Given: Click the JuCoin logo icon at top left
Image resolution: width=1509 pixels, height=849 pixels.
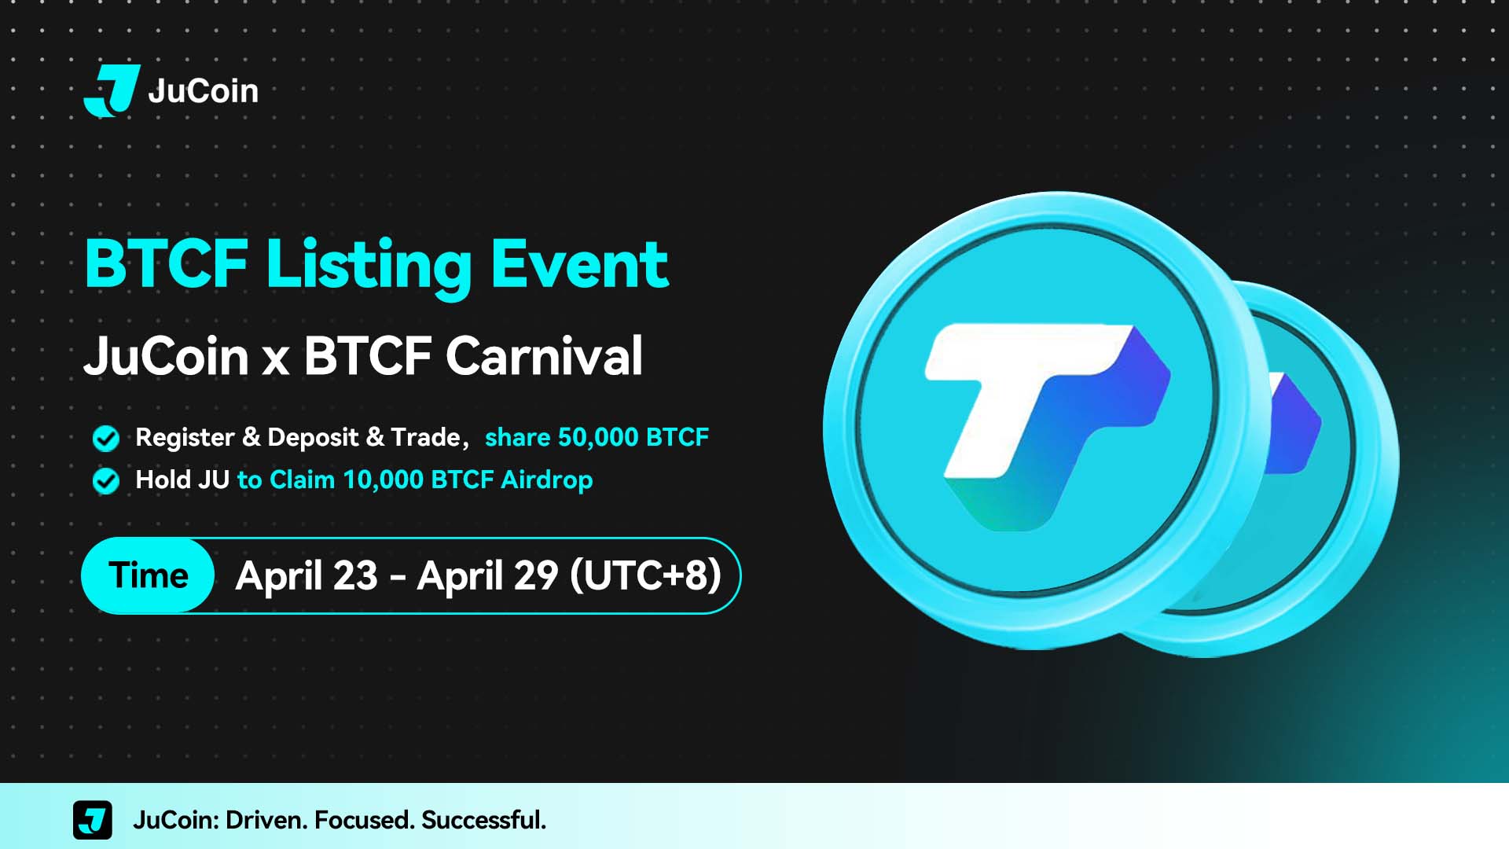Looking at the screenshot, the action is [x=112, y=90].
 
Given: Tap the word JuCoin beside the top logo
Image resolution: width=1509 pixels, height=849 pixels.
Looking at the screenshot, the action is [x=203, y=91].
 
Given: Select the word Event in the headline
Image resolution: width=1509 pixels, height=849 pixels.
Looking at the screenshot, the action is [x=580, y=264].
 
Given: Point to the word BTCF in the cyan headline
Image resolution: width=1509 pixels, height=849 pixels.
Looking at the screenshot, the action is [x=167, y=264].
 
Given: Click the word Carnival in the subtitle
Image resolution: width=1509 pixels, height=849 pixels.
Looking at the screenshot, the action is [x=544, y=355].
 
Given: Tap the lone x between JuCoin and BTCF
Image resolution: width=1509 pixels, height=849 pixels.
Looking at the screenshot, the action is [x=276, y=360].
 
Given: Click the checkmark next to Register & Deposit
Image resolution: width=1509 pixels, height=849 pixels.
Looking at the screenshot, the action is [x=106, y=439].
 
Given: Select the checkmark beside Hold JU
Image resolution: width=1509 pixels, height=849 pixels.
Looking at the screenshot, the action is [x=106, y=480].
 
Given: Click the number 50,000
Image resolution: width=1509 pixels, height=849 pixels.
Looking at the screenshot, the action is [x=597, y=438].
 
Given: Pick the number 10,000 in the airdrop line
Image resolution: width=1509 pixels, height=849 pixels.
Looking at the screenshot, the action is [x=383, y=480].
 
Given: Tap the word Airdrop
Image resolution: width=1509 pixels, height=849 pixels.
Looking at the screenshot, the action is [x=547, y=480].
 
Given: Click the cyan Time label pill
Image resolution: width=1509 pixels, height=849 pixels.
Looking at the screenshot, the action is [x=148, y=575].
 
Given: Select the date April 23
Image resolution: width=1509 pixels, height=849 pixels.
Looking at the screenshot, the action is [x=307, y=576].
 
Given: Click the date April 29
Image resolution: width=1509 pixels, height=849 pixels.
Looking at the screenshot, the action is [x=487, y=576].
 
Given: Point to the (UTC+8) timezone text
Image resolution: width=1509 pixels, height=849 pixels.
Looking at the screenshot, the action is [x=645, y=575].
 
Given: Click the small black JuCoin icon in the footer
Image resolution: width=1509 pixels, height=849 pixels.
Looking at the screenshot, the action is [x=93, y=820].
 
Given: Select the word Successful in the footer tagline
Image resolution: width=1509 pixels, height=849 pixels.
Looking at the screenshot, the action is [x=483, y=820].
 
